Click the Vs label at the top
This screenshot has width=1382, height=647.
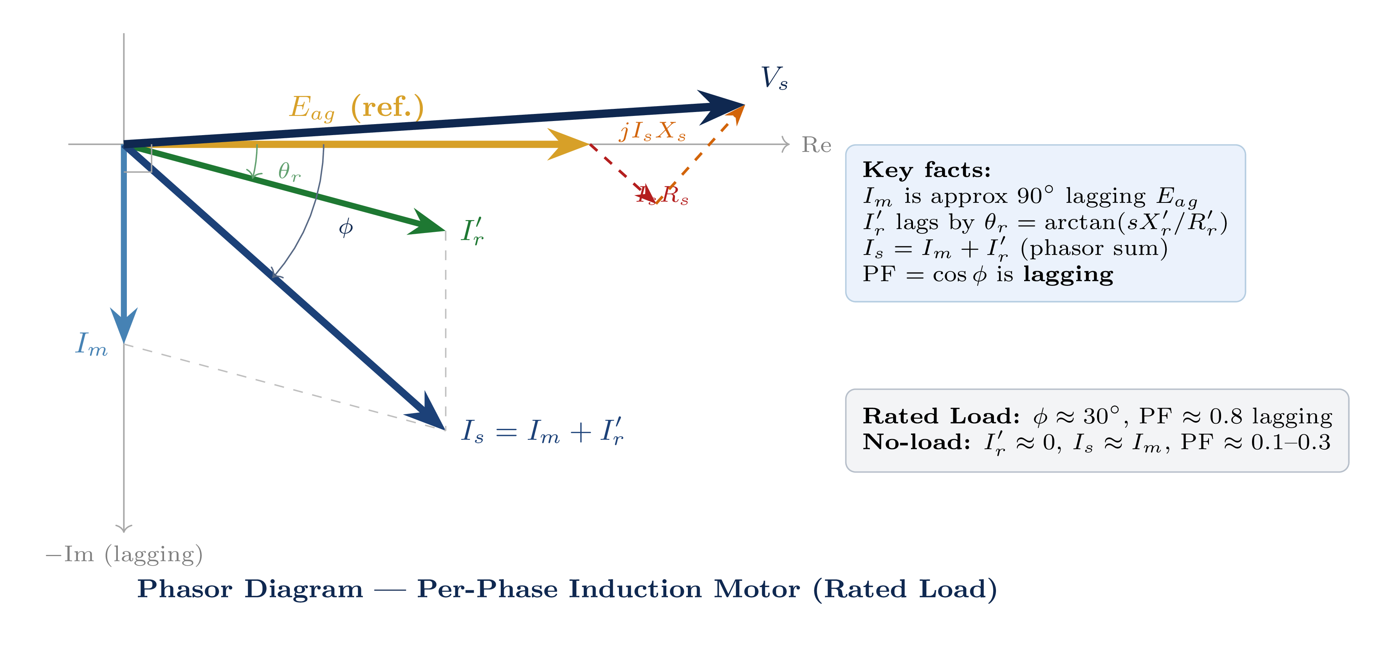pos(774,78)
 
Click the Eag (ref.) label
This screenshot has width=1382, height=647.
pos(356,107)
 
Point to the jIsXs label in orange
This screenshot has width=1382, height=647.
pos(652,131)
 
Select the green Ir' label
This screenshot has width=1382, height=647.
pos(472,232)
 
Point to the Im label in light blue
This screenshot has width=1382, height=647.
pos(91,344)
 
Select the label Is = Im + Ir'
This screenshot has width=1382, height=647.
pos(542,431)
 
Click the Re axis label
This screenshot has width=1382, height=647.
pos(816,145)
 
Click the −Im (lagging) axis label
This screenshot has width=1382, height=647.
pos(124,554)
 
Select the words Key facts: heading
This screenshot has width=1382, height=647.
pos(926,170)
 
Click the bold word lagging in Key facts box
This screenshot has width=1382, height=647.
pos(1068,274)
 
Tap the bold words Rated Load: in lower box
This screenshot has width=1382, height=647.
pos(940,416)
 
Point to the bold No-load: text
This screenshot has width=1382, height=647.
pos(916,442)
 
